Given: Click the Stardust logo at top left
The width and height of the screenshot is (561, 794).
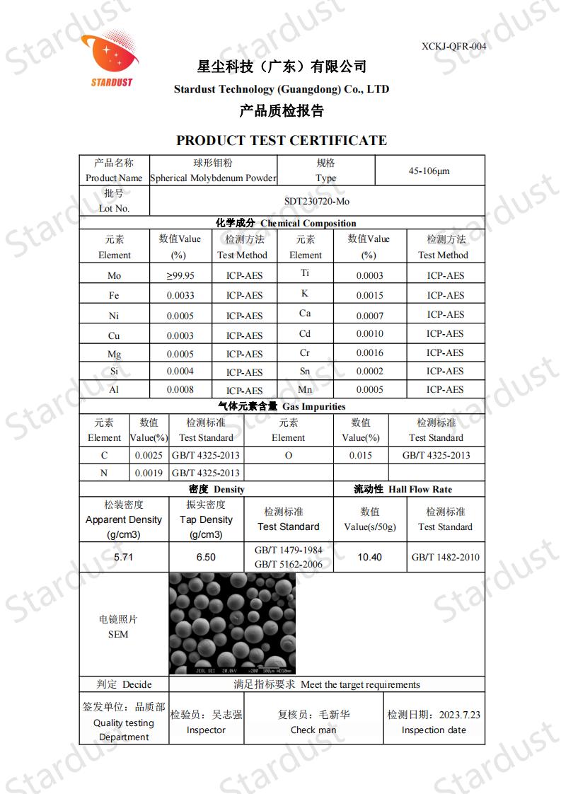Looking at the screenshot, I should click(108, 60).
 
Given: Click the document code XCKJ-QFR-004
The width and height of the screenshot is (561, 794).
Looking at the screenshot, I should click(453, 46).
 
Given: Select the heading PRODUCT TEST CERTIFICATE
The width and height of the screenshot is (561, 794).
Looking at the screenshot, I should click(281, 140).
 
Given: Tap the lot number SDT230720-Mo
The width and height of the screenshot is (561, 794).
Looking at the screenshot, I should click(317, 201).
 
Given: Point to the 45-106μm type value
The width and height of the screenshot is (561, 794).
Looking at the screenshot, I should click(429, 171).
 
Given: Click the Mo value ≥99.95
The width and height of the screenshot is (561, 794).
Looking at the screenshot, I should click(180, 276).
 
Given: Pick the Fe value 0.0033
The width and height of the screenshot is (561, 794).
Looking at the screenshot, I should click(180, 296).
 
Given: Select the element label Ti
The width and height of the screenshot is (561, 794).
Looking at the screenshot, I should click(306, 273).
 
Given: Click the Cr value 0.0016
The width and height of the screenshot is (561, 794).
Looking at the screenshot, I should click(369, 352).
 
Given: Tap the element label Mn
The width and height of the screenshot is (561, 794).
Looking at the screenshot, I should click(306, 389).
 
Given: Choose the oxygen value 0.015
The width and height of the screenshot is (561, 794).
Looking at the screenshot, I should click(361, 455).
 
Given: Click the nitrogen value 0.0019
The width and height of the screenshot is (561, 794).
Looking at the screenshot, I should click(149, 473).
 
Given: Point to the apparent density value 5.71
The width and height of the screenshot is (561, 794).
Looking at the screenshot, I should click(124, 557).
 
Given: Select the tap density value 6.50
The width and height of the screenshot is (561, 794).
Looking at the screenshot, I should click(206, 557).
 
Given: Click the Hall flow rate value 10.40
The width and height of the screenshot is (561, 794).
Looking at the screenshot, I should click(369, 557).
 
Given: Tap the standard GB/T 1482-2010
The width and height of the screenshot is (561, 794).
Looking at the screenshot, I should click(446, 557).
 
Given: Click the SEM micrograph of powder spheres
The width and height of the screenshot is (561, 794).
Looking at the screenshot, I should click(232, 623).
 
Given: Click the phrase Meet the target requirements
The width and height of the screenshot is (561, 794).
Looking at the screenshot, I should click(360, 684).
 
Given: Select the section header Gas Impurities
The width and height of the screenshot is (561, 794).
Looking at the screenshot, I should click(314, 406).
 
